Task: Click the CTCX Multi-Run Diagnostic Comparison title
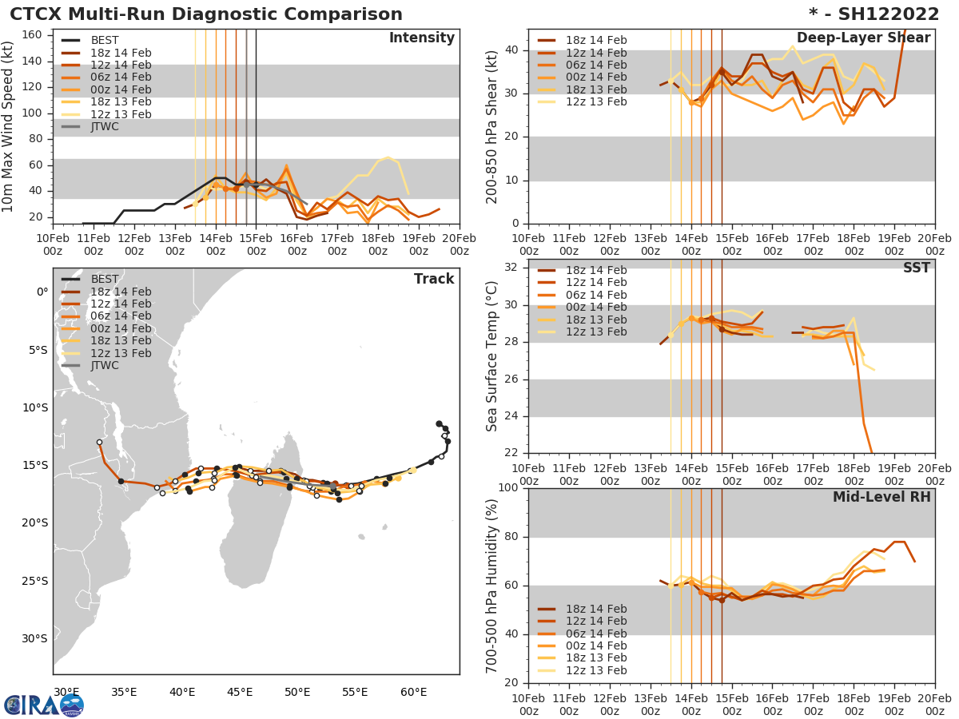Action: click(x=206, y=14)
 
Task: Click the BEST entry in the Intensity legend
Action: click(x=105, y=41)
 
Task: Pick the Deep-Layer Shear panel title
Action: click(x=863, y=38)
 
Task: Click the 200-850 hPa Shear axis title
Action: click(x=492, y=126)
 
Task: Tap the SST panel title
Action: click(x=916, y=268)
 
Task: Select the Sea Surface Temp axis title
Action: click(x=492, y=356)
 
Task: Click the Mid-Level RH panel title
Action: click(x=881, y=497)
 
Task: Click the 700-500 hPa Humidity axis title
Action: click(x=492, y=585)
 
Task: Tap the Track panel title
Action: click(x=434, y=279)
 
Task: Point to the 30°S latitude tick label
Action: click(x=35, y=638)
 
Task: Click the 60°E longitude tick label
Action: click(x=413, y=692)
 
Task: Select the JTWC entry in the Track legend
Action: click(x=105, y=365)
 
